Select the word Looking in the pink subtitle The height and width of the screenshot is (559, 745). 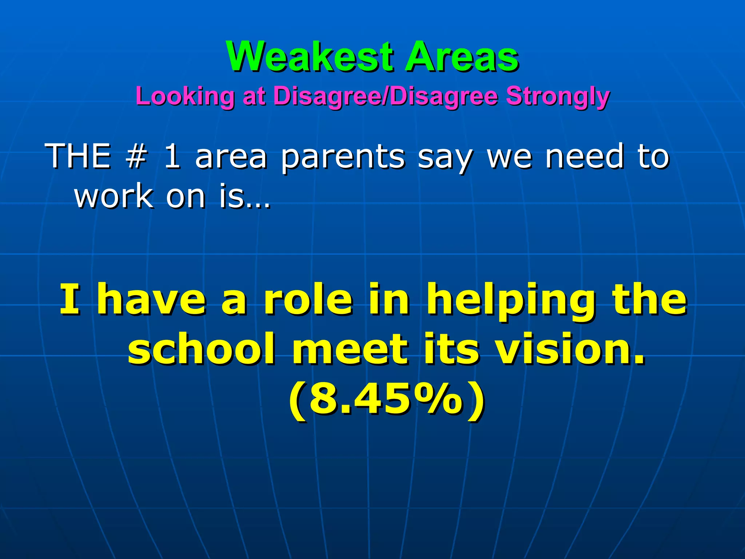[x=185, y=97]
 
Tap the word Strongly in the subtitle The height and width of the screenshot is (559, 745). [x=558, y=97]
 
